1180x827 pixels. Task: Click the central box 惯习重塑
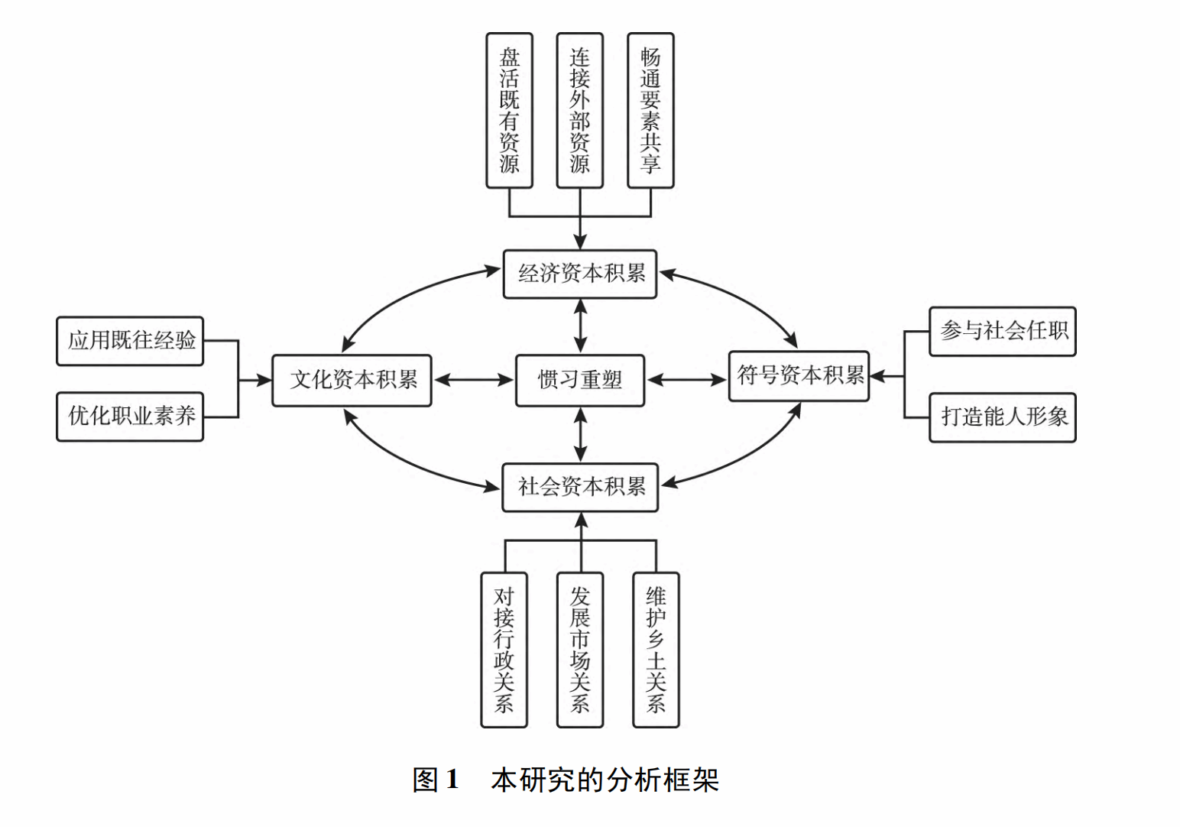580,380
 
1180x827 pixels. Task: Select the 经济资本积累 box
580,274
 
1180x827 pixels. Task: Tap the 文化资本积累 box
352,380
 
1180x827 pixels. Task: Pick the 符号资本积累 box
799,375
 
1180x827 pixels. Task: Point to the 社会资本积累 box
580,487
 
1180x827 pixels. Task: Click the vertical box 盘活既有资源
510,110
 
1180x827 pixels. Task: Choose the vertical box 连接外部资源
580,110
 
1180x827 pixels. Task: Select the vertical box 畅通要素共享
650,110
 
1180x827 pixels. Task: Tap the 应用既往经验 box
131,341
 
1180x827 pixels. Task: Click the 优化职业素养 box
131,417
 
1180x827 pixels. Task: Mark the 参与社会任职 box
1003,332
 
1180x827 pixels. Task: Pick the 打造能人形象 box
1003,417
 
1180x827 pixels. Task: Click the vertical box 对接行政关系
504,650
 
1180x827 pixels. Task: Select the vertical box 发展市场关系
580,650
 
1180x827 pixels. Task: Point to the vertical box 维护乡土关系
656,650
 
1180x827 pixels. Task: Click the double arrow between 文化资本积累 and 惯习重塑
474,380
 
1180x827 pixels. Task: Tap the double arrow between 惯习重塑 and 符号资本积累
686,380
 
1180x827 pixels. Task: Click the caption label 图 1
436,780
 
